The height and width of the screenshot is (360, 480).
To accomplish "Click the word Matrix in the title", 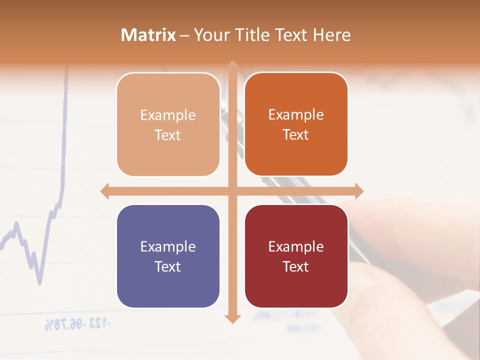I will (x=148, y=35).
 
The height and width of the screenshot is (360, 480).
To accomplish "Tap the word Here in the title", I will (x=332, y=35).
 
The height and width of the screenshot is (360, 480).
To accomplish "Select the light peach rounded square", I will (x=168, y=124).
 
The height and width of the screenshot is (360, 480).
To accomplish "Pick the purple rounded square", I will (x=168, y=256).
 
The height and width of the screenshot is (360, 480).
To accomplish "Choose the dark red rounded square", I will (x=296, y=256).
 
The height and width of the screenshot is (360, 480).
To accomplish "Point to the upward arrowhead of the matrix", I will (x=232, y=65).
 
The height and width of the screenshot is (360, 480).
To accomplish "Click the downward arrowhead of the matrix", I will (x=232, y=318).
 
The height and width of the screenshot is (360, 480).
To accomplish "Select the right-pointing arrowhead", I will (x=358, y=191).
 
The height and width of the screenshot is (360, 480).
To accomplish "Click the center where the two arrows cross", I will (x=232, y=191).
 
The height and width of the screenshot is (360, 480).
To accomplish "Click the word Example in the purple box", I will (x=168, y=246).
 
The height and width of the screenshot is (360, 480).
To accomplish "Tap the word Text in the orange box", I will (x=296, y=135).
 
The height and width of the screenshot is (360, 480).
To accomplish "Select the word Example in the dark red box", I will (x=296, y=246).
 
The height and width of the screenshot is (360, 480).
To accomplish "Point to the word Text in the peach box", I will (x=168, y=135).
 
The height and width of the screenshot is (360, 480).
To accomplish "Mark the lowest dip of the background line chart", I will (x=39, y=282).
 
